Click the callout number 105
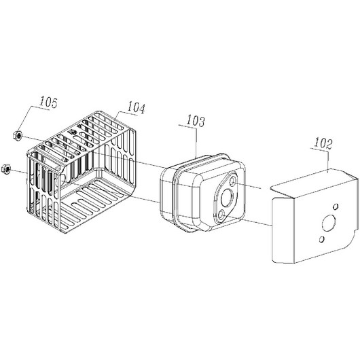48,103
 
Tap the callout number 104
137,107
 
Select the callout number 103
196,121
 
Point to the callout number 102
323,143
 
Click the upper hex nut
18,134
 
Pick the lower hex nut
5,168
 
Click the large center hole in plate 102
329,223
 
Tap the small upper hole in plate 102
336,206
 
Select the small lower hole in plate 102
322,240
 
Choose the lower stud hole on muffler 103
221,215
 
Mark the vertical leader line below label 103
196,143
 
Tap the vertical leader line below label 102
328,161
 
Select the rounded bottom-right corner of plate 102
350,242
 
